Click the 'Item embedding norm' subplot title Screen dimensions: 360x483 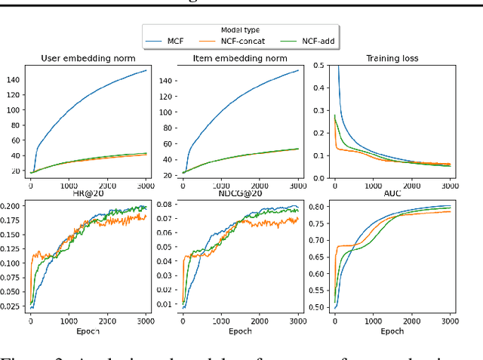pyautogui.click(x=241, y=57)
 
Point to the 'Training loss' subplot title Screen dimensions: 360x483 pyautogui.click(x=392, y=57)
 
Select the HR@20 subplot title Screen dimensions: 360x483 pyautogui.click(x=88, y=195)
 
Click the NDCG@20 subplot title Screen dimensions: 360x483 pyautogui.click(x=241, y=195)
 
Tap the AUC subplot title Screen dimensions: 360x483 pyautogui.click(x=392, y=195)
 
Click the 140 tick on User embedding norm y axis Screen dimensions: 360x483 pyautogui.click(x=14, y=79)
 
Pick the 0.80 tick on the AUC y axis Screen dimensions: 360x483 pyautogui.click(x=318, y=207)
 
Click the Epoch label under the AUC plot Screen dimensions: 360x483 pyautogui.click(x=392, y=331)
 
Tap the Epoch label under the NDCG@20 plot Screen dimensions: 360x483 pyautogui.click(x=241, y=331)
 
